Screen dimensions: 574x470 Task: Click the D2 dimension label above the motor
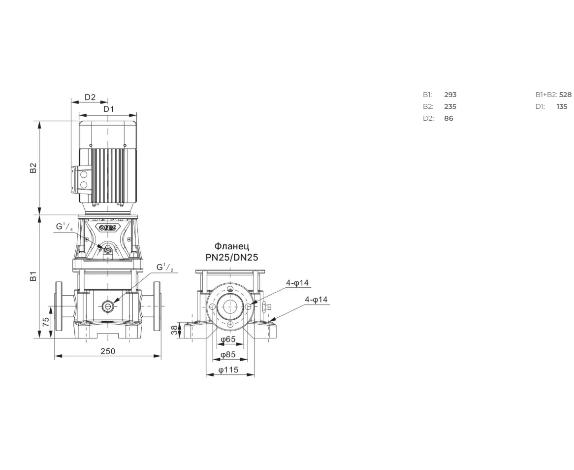coord(90,97)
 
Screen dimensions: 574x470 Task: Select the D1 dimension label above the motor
coord(109,109)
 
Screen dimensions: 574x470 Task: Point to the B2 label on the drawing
coord(33,168)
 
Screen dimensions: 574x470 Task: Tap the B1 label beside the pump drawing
coord(33,276)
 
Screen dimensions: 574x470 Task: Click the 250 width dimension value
coord(108,351)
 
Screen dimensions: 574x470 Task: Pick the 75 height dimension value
coord(46,322)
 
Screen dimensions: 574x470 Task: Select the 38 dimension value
coord(175,330)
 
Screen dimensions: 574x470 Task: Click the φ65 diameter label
coord(228,339)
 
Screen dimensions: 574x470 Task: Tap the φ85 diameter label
coord(228,355)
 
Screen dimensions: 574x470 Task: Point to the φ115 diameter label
coord(228,370)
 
